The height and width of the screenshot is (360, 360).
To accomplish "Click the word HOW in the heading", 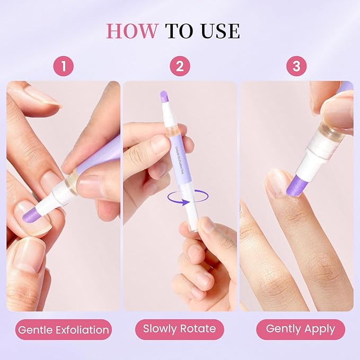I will [x=133, y=31].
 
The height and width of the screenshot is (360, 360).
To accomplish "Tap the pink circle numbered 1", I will [x=64, y=67].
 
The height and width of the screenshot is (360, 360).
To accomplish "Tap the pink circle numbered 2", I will [x=180, y=67].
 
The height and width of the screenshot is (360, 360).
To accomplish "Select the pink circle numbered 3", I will [x=296, y=67].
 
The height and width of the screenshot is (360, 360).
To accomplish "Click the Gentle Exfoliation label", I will [x=64, y=330].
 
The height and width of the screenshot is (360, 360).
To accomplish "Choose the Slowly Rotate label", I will [x=180, y=329].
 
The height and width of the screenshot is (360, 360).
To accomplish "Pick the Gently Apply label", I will [x=300, y=329].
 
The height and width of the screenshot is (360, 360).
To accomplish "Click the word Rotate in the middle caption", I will [x=198, y=329].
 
